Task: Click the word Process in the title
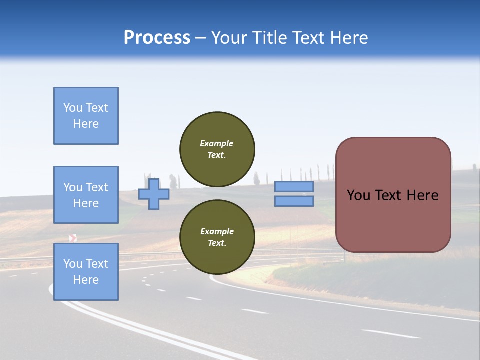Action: tap(157, 38)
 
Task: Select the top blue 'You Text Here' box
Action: tap(86, 116)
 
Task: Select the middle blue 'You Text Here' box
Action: tap(86, 195)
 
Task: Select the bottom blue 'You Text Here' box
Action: tap(86, 272)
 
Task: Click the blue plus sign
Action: tap(154, 194)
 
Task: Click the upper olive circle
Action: tap(217, 149)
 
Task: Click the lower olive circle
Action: tap(217, 237)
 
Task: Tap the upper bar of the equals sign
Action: tap(294, 187)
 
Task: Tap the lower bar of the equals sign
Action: tap(294, 201)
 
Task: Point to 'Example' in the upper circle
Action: tap(216, 143)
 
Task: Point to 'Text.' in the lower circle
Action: tap(217, 243)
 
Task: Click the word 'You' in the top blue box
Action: tap(72, 108)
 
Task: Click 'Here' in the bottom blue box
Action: tap(86, 280)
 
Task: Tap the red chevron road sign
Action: tap(73, 238)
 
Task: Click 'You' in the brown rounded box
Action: tap(358, 195)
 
